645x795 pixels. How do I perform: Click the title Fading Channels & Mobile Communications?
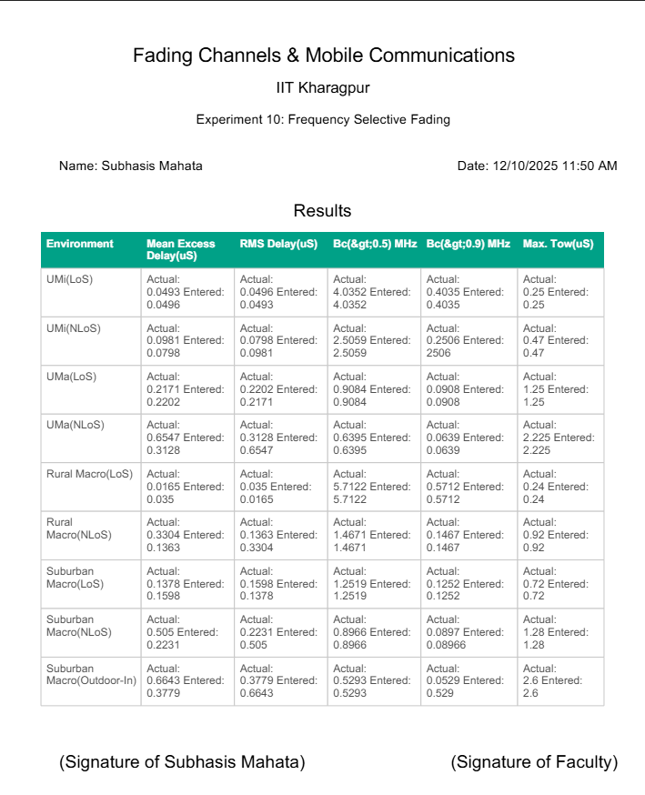(323, 55)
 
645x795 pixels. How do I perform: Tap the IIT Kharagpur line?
(323, 88)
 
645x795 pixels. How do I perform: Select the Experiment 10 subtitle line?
(323, 119)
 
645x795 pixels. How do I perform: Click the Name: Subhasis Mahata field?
(131, 166)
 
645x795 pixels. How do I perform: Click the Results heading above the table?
(322, 211)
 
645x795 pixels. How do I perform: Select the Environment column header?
(80, 244)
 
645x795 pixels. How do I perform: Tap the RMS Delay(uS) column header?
(278, 244)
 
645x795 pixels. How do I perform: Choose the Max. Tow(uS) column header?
(558, 244)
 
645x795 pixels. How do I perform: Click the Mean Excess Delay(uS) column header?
(181, 249)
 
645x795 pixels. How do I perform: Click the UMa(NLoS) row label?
(76, 425)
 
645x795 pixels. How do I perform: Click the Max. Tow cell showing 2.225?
(559, 438)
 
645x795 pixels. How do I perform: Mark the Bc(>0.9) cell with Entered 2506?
(465, 340)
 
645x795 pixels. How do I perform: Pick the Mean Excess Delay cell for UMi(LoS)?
(186, 292)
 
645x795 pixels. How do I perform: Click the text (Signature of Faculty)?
(534, 762)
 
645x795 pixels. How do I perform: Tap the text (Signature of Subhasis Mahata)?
(182, 762)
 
